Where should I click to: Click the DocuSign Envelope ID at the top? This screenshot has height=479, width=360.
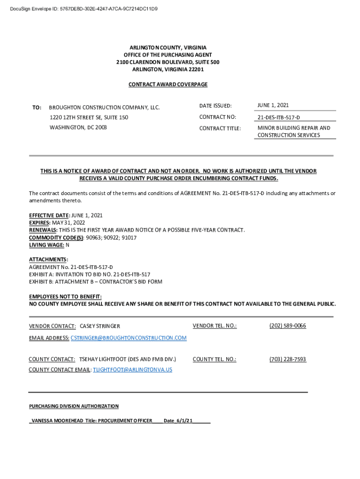tap(84, 8)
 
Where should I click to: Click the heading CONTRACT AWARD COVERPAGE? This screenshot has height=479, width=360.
tap(168, 84)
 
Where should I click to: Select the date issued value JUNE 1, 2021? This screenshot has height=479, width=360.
tap(273, 105)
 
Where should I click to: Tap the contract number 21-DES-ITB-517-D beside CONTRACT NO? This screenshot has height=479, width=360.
tap(279, 117)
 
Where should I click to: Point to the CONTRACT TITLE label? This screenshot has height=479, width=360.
tap(220, 129)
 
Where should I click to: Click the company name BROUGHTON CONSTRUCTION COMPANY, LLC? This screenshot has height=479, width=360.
tap(104, 108)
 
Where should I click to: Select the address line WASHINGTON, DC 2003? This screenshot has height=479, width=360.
tap(78, 127)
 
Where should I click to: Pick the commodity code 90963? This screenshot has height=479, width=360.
tap(93, 238)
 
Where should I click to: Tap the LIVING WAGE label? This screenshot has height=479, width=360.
tap(46, 245)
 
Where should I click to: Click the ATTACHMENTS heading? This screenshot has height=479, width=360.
tap(48, 259)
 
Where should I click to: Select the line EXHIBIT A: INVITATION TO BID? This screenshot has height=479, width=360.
tap(89, 274)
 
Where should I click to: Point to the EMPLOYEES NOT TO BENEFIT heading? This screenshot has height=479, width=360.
tap(65, 297)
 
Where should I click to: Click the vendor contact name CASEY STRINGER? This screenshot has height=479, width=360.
tap(100, 326)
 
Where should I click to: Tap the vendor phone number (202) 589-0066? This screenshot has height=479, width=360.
tap(288, 326)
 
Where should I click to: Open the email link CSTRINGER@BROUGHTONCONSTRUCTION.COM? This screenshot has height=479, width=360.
tap(129, 338)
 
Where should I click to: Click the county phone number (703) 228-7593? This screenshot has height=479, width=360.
tap(288, 359)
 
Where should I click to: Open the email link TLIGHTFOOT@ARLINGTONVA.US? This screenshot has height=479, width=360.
tap(132, 370)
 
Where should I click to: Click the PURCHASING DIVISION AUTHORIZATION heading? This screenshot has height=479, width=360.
tap(74, 406)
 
